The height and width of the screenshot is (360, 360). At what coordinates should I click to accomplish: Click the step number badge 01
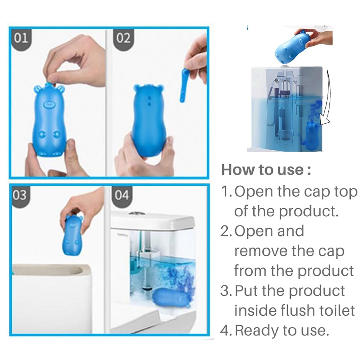(21, 38)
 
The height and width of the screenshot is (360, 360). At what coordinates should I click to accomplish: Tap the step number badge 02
(123, 38)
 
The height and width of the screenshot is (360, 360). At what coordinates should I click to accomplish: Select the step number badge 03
(20, 195)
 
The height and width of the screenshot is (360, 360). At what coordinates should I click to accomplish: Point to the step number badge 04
(122, 195)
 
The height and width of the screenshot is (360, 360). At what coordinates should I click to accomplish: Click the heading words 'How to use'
(263, 170)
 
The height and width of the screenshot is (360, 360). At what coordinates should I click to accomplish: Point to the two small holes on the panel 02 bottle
(149, 101)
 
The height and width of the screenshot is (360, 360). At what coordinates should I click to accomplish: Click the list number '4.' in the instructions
(226, 331)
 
